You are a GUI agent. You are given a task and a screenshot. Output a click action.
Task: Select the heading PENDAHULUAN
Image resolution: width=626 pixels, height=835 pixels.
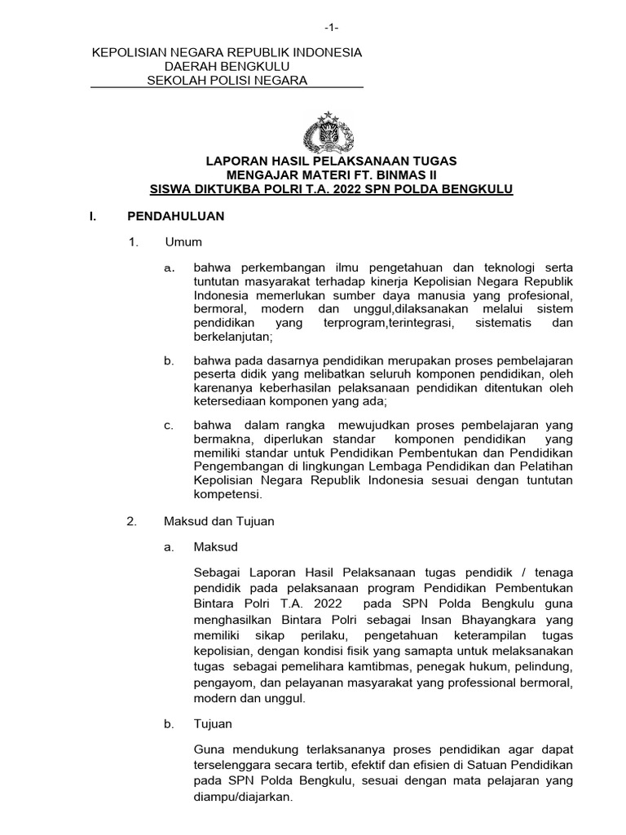tap(175, 216)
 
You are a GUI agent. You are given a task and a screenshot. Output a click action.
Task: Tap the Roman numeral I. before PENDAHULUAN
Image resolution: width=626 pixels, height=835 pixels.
tap(94, 216)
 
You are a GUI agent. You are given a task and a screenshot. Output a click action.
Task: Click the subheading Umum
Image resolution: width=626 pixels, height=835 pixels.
tap(183, 242)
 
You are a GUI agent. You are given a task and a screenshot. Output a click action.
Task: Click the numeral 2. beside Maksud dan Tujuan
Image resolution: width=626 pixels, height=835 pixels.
tap(133, 520)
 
